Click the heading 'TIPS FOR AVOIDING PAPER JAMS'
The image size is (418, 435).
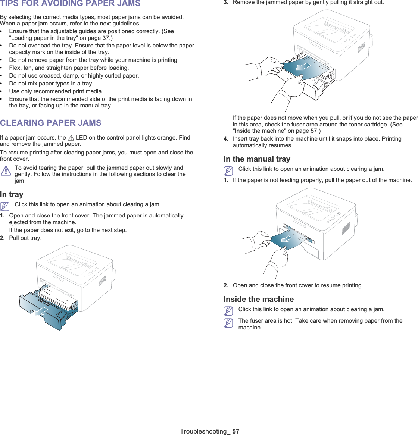pos(71,4)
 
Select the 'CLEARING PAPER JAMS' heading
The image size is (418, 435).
pos(51,123)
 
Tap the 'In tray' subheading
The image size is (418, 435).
pos(12,194)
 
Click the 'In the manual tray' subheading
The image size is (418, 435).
pos(257,159)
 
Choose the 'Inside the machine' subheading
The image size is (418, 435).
pos(258,299)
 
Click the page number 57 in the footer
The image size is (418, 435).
pos(235,431)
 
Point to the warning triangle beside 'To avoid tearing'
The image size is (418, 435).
pos(6,171)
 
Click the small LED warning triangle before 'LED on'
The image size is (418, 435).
pos(71,138)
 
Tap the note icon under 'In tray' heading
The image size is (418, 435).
pos(5,206)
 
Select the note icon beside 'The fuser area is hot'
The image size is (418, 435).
pos(228,323)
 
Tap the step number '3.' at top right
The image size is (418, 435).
pos(226,3)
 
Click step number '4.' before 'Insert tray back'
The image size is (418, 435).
pos(226,139)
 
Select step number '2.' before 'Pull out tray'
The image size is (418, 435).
pos(3,238)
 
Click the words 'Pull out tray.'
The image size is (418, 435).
pos(25,238)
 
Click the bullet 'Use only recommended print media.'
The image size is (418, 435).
pos(56,91)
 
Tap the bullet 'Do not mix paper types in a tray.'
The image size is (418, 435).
pos(51,84)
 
